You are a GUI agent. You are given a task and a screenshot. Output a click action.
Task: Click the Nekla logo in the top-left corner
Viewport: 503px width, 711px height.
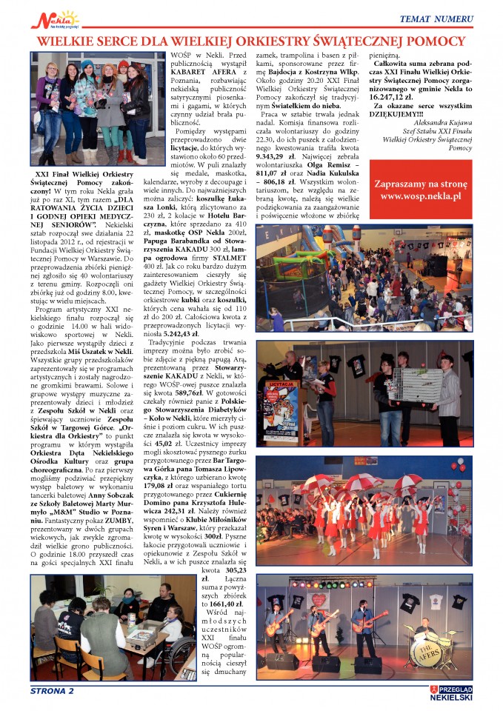point(54,19)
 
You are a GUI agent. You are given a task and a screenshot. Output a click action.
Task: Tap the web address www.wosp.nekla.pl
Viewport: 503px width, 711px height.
point(420,196)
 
